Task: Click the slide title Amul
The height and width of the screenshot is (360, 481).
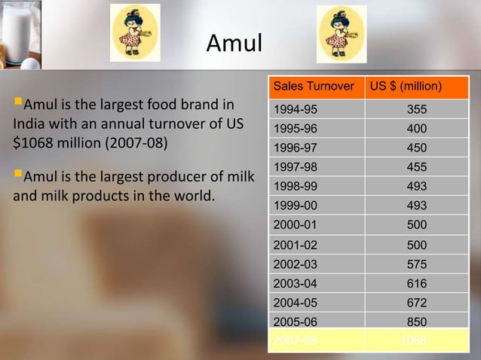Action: tap(234, 44)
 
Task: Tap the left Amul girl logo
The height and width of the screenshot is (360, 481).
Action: tap(135, 33)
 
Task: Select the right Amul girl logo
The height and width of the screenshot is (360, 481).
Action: tap(341, 33)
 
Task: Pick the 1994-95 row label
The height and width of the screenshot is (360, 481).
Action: tap(295, 109)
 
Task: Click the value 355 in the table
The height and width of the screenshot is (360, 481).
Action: tap(416, 109)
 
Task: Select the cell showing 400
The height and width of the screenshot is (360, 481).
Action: tap(416, 128)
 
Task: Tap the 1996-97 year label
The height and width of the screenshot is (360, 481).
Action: tap(295, 148)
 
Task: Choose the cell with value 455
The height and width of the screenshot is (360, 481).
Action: tap(416, 166)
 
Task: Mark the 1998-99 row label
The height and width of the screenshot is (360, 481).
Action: tap(295, 186)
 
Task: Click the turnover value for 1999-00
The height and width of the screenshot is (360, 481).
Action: tap(416, 205)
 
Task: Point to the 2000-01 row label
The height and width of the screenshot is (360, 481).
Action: tap(295, 224)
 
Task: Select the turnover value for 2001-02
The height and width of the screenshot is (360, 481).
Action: tap(416, 245)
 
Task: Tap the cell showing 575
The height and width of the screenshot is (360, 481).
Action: tap(416, 264)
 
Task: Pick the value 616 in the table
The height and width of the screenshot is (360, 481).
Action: tap(416, 284)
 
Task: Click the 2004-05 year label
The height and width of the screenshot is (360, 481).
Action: tap(295, 303)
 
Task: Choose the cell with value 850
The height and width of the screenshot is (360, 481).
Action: tap(416, 322)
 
